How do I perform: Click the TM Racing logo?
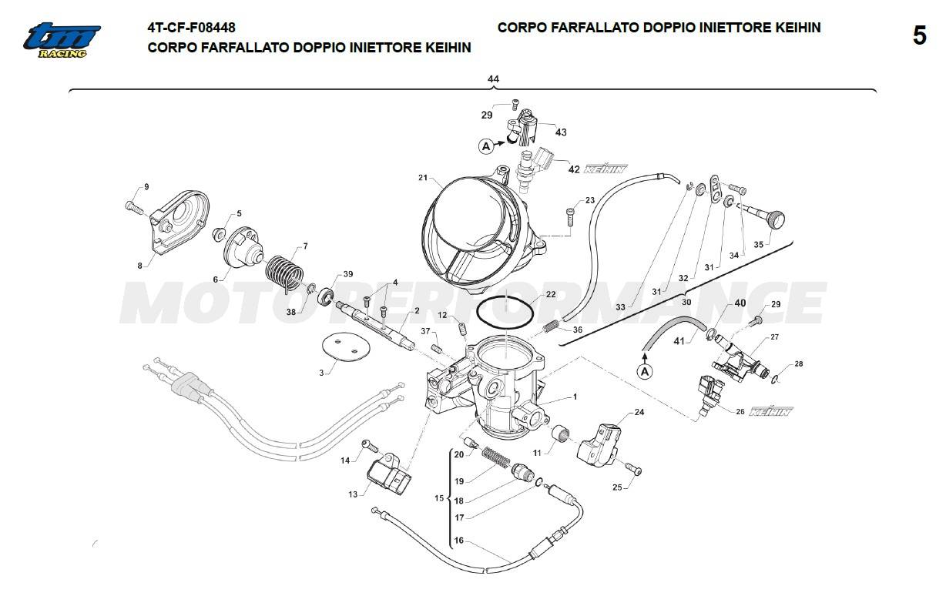[x=62, y=40]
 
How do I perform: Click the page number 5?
[x=919, y=36]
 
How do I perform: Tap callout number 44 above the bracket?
[x=493, y=79]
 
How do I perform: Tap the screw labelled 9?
[x=134, y=206]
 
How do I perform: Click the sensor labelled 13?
[x=391, y=475]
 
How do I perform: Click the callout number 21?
[x=423, y=179]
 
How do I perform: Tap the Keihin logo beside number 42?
[x=605, y=169]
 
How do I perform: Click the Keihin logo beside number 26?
[x=770, y=411]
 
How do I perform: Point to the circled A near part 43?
[x=486, y=145]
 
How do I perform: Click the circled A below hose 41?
[x=646, y=372]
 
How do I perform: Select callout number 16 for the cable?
[x=459, y=541]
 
